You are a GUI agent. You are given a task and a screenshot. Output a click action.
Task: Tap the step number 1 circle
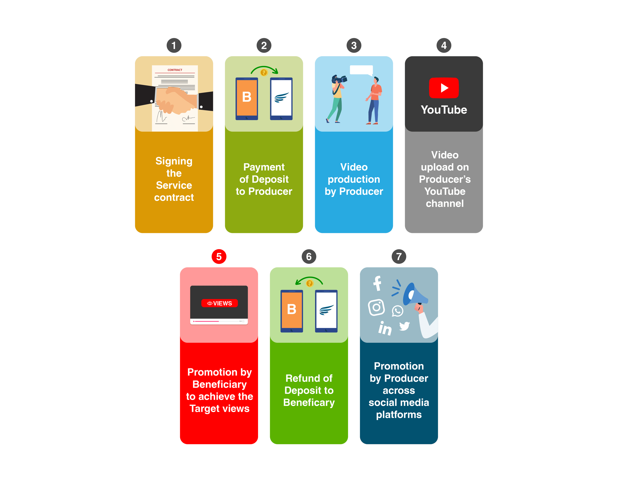[x=174, y=45]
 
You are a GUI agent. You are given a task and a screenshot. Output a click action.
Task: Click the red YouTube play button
[x=444, y=88]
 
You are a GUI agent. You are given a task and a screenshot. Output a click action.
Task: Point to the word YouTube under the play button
[x=444, y=110]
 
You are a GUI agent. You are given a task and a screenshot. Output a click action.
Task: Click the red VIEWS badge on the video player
[x=219, y=303]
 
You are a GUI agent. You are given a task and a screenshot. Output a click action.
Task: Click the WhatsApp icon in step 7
[x=397, y=311]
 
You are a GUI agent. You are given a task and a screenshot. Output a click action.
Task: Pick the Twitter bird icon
[x=404, y=326]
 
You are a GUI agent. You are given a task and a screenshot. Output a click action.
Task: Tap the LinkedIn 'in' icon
[x=385, y=329]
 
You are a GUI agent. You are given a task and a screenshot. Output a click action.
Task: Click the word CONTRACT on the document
[x=175, y=70]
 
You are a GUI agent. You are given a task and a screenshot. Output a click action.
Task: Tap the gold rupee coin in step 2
[x=264, y=73]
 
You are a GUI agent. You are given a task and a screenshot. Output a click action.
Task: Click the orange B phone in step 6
[x=292, y=311]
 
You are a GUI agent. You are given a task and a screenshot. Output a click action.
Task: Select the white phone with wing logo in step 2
[x=281, y=99]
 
